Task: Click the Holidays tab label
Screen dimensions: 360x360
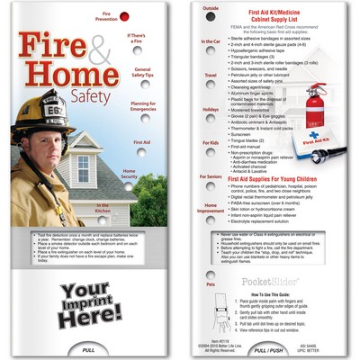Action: [x=211, y=109]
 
